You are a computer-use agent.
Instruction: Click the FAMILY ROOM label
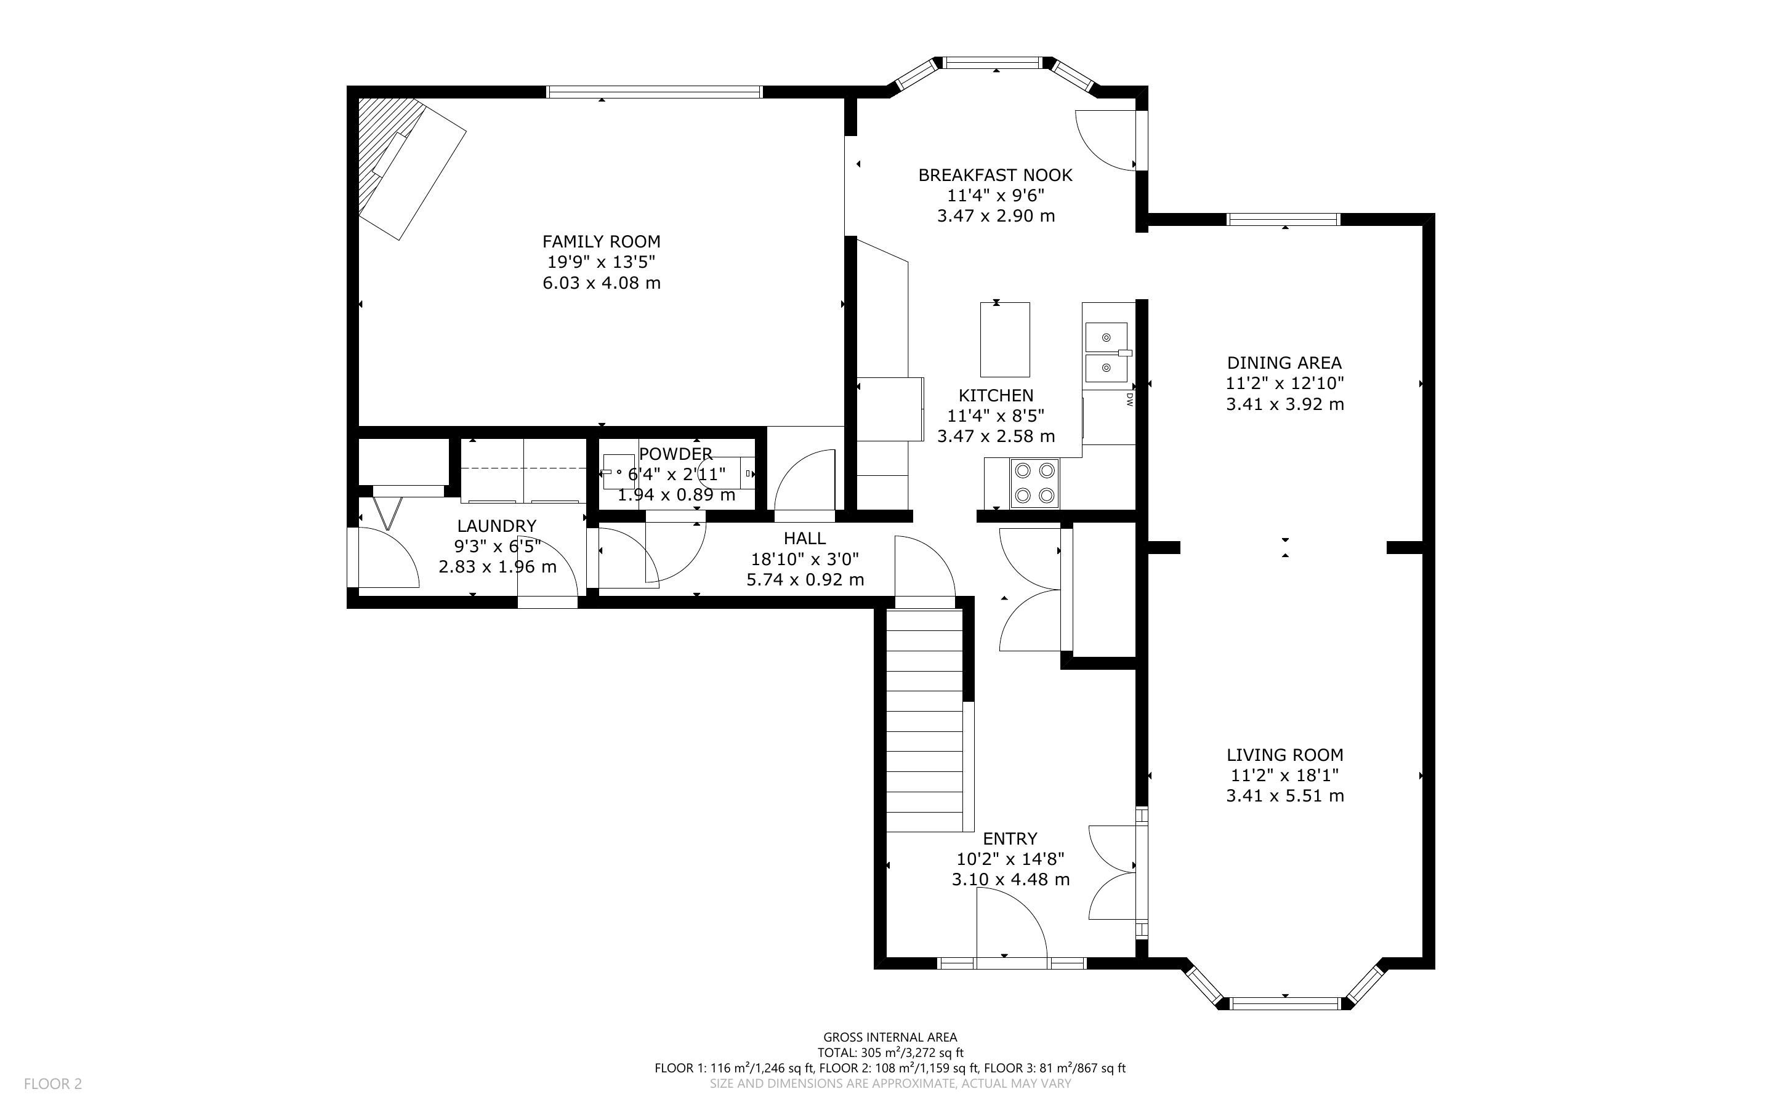click(x=602, y=241)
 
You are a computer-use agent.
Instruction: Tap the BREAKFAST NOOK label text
click(x=995, y=175)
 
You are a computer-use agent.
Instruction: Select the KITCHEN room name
click(x=996, y=395)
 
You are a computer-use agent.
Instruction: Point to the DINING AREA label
click(x=1284, y=363)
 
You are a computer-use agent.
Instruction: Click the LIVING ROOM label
click(x=1284, y=755)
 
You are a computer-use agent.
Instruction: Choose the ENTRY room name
click(x=1010, y=838)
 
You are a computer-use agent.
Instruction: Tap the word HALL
click(x=805, y=538)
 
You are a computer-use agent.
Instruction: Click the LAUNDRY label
click(x=497, y=526)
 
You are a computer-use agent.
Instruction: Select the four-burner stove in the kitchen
click(x=1035, y=483)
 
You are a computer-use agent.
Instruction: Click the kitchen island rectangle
click(x=1005, y=339)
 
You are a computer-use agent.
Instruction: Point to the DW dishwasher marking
click(x=1129, y=399)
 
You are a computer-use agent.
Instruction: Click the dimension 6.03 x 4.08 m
click(x=602, y=283)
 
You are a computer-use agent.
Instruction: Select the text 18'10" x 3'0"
click(x=805, y=560)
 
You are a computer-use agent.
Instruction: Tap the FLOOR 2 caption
click(x=53, y=1083)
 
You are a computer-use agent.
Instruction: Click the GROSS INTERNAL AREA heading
click(x=890, y=1038)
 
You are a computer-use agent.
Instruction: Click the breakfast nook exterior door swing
click(x=1105, y=140)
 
